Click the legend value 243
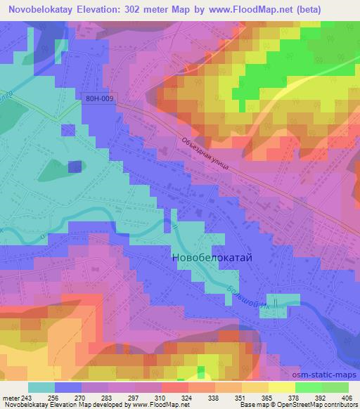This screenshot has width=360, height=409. coord(28,397)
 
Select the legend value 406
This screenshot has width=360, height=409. coord(347,397)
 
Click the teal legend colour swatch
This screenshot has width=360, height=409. coord(41,387)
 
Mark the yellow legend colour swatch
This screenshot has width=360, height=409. coord(281,387)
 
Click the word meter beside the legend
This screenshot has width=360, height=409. coord(11,397)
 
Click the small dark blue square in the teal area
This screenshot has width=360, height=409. coord(75,167)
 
